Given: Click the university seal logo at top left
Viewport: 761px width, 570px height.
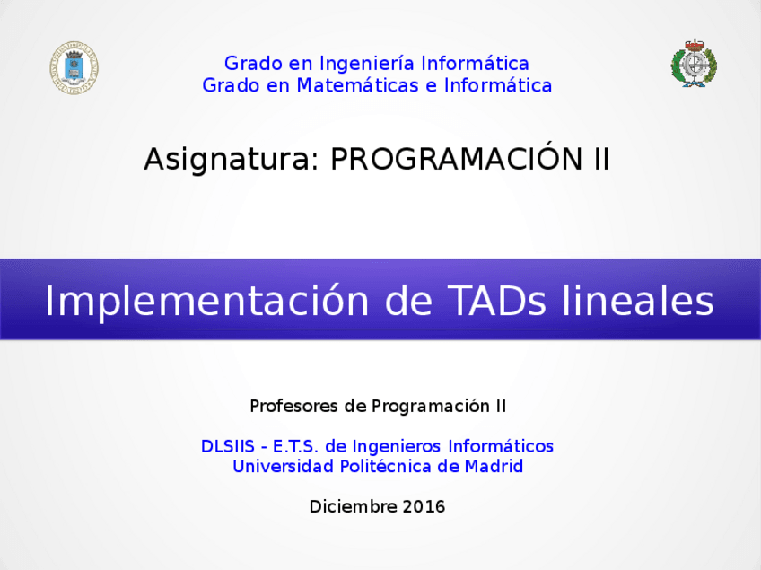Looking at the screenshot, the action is click(x=74, y=67).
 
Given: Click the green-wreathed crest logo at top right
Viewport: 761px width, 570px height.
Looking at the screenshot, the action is click(x=694, y=63).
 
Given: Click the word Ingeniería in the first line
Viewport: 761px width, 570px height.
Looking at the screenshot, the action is click(x=367, y=64).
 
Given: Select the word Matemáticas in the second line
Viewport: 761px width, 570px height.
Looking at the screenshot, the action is click(x=357, y=85).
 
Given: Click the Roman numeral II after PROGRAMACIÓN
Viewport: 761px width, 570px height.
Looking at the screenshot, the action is click(x=601, y=159).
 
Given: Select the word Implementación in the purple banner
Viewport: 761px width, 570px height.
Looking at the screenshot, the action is click(x=206, y=302).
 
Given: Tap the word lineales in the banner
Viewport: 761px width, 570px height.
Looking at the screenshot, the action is click(x=638, y=301).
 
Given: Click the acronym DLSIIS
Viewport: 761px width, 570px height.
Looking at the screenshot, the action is click(x=228, y=446).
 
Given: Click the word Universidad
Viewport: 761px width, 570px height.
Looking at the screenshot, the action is click(x=283, y=467).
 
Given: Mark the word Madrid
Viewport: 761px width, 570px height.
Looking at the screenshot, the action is click(x=494, y=467).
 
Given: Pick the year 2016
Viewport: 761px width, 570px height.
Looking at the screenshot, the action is click(x=424, y=507).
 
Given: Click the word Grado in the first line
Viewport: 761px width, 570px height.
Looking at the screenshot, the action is click(x=253, y=64).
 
